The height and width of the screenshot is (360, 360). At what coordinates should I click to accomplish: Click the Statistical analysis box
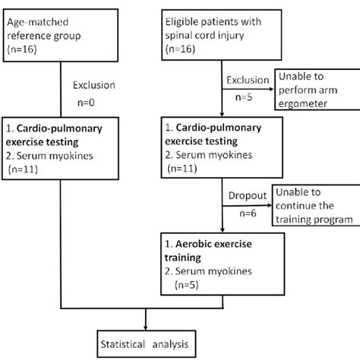tap(146, 343)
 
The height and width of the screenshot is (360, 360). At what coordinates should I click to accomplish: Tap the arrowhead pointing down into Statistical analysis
tap(145, 327)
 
